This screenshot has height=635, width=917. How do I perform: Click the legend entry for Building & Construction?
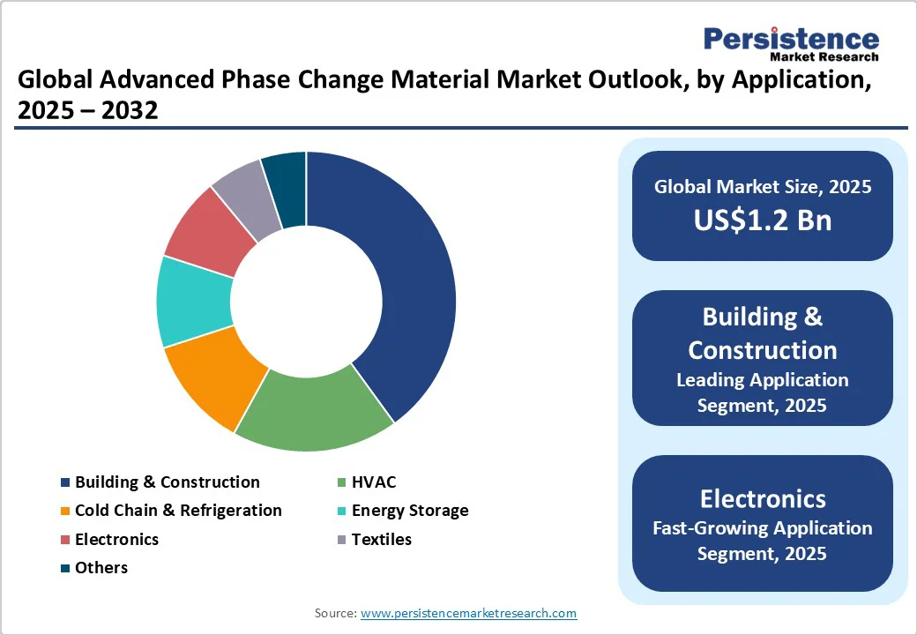(167, 482)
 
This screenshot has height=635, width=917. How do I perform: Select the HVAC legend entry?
(373, 482)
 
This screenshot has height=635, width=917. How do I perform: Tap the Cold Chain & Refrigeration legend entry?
(178, 510)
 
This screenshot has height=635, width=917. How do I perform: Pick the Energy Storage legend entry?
(409, 510)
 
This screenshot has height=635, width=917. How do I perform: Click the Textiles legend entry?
(381, 539)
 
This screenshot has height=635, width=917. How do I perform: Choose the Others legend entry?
(101, 567)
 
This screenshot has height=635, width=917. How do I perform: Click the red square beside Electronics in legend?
(65, 539)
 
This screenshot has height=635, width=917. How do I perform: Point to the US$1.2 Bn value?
(762, 220)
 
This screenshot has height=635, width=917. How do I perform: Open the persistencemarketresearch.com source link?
(468, 613)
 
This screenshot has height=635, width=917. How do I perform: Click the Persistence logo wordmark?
(790, 39)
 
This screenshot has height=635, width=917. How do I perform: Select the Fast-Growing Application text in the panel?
(762, 528)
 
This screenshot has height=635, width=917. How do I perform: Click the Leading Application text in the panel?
(762, 380)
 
